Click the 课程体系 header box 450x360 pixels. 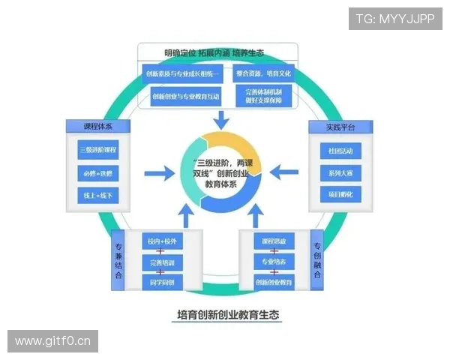(x=98, y=125)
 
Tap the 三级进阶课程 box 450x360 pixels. (x=98, y=149)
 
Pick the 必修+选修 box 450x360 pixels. (x=98, y=172)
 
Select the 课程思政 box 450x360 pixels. (x=274, y=241)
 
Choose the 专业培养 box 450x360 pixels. (x=274, y=262)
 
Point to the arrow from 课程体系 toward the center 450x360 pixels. (x=159, y=174)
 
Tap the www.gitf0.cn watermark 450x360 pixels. (x=53, y=342)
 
